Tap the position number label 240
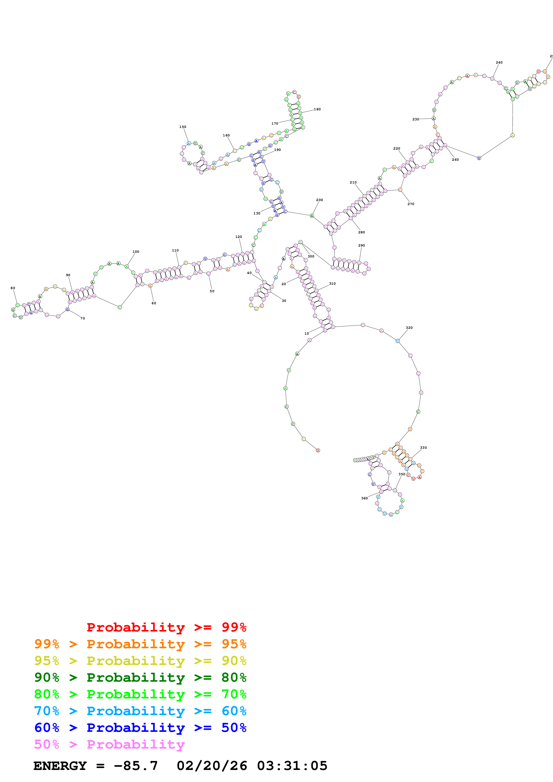(499, 63)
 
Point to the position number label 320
(409, 328)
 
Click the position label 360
(364, 498)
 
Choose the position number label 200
(319, 200)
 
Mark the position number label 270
(411, 204)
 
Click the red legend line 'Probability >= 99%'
(166, 627)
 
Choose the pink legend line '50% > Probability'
(109, 745)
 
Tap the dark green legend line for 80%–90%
(140, 677)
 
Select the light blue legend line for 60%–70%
(140, 711)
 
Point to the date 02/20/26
(212, 766)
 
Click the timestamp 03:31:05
(292, 766)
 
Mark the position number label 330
(423, 448)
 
